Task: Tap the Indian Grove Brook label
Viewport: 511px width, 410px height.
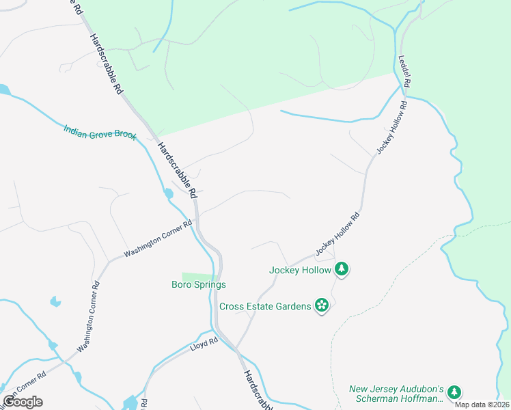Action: pyautogui.click(x=100, y=133)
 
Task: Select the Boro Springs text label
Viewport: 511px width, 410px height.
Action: pyautogui.click(x=198, y=284)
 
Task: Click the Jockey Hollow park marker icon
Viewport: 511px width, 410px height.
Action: pyautogui.click(x=342, y=270)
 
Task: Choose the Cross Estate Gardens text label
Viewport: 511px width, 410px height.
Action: pyautogui.click(x=265, y=305)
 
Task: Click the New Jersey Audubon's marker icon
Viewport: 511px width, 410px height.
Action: pyautogui.click(x=454, y=392)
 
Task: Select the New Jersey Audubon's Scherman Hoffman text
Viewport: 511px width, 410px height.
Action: pyautogui.click(x=397, y=393)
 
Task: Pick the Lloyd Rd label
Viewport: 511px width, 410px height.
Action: pyautogui.click(x=203, y=346)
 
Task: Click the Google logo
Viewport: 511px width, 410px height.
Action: pyautogui.click(x=23, y=402)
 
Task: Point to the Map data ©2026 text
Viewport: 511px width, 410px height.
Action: pyautogui.click(x=482, y=405)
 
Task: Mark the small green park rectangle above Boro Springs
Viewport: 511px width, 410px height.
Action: pyautogui.click(x=199, y=275)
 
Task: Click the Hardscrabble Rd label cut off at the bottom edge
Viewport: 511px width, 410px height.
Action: pyautogui.click(x=255, y=391)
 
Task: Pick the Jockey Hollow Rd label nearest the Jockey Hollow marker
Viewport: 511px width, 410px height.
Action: pyautogui.click(x=337, y=234)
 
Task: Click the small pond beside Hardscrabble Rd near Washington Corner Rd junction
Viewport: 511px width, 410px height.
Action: pyautogui.click(x=169, y=194)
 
